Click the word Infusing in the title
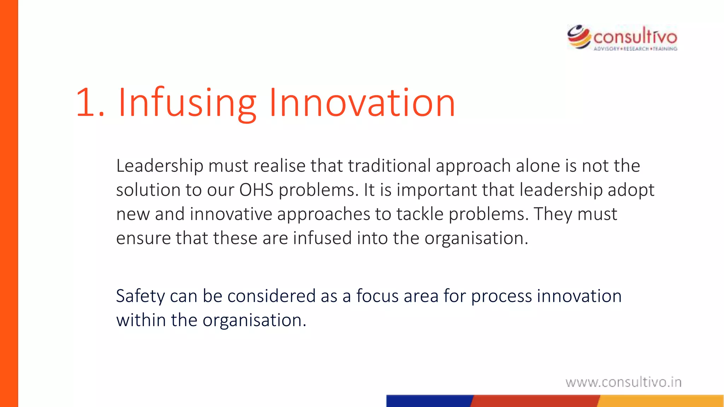click(187, 103)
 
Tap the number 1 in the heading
click(85, 103)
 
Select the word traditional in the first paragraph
click(389, 166)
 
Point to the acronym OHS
click(256, 190)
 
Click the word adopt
click(631, 190)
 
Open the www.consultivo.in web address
click(623, 382)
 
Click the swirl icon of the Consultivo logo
click(579, 37)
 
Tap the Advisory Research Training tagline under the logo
click(635, 49)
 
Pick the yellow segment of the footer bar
click(661, 401)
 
